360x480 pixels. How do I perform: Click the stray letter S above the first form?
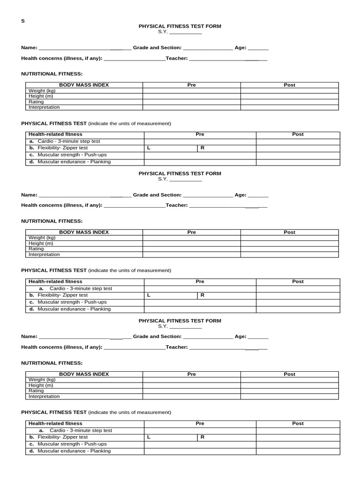tap(22, 21)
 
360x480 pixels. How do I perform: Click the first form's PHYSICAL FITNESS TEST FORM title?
tap(180, 27)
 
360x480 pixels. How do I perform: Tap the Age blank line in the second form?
tap(258, 195)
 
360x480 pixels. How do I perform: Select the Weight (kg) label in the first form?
tap(42, 91)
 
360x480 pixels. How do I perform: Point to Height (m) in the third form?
tap(41, 385)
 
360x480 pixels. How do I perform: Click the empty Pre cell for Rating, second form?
tap(191, 249)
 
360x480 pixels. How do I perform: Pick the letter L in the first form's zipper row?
tap(149, 148)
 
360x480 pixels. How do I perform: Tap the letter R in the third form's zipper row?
tap(202, 437)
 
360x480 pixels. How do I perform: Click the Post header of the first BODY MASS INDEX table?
tap(289, 85)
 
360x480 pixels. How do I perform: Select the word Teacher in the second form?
tap(177, 205)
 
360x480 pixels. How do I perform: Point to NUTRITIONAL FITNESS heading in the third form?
tap(52, 363)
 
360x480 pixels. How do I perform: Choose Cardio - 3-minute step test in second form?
tap(81, 289)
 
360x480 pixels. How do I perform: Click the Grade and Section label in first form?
tap(157, 48)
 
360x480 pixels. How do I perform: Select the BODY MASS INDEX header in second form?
tap(83, 232)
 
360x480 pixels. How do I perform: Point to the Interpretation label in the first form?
tap(44, 107)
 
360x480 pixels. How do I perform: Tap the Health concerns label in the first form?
tap(61, 59)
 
